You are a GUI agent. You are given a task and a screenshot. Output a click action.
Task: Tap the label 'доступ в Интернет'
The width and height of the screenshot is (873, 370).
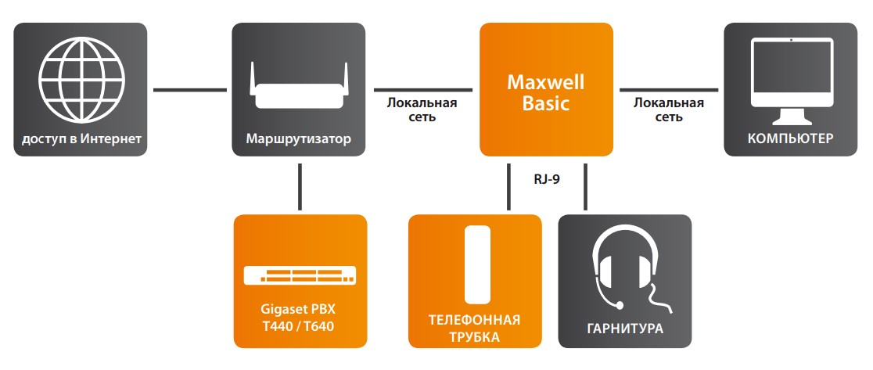81,139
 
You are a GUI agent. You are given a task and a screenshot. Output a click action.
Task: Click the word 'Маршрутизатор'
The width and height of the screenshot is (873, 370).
299,139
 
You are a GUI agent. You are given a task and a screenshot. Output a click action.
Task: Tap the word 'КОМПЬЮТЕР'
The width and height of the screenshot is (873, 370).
790,139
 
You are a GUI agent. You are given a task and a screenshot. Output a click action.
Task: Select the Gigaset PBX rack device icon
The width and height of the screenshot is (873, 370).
300,275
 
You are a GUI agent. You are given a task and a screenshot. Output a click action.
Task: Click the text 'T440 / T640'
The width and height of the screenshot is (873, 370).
300,325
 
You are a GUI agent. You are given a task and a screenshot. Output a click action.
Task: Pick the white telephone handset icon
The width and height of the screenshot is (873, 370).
475,264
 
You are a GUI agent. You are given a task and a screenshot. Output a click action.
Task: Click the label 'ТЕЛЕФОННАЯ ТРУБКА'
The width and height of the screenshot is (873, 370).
475,328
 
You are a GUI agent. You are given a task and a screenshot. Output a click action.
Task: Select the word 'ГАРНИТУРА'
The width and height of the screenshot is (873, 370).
624,329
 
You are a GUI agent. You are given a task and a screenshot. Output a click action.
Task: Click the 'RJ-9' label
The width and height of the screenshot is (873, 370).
547,178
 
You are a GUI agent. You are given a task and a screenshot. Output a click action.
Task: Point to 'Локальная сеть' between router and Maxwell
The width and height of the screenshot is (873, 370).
422,110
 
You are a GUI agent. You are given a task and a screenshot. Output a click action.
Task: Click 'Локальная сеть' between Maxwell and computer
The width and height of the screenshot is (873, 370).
669,110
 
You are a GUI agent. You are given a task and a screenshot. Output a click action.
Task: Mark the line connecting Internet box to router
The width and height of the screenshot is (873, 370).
189,90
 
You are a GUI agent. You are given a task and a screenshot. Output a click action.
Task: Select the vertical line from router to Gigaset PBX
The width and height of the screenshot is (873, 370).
300,185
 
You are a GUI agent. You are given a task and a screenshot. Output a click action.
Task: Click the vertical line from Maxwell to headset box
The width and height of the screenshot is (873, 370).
585,185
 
